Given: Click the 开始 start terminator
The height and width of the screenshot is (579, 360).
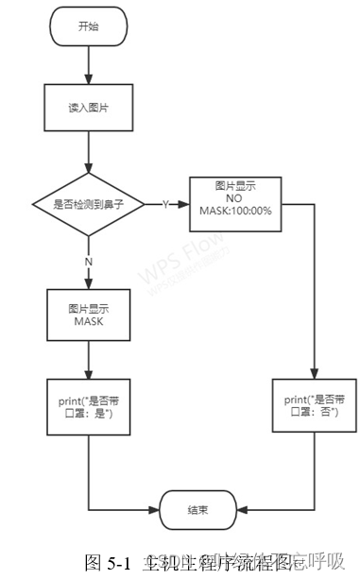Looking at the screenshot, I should click(x=88, y=26).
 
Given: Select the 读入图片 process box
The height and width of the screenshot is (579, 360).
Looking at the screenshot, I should click(x=88, y=109).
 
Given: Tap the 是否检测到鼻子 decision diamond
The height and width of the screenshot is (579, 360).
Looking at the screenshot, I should click(x=88, y=203).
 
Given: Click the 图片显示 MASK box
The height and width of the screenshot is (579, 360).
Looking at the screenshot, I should click(x=88, y=315).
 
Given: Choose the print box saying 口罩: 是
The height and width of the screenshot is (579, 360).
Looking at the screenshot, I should click(x=88, y=407).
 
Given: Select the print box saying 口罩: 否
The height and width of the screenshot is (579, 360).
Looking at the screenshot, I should click(x=313, y=407).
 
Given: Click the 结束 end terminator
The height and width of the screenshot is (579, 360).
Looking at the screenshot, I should click(x=198, y=511).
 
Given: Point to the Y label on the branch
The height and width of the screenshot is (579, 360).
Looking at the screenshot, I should click(x=165, y=203).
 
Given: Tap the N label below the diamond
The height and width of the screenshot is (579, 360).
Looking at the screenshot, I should click(x=89, y=261).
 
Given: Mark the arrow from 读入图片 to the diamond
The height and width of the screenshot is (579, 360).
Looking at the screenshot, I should click(x=88, y=151).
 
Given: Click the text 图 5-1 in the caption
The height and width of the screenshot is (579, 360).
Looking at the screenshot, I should click(x=105, y=564).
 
